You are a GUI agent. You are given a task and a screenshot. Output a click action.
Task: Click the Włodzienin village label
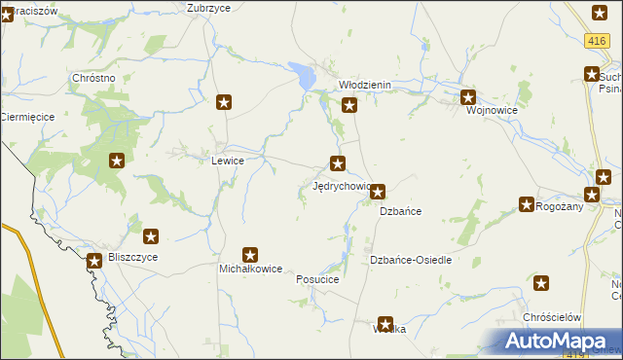[x=364, y=85]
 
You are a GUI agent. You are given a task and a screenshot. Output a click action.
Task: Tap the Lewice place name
[x=227, y=161]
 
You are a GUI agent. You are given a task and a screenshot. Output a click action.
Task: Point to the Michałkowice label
[x=250, y=269]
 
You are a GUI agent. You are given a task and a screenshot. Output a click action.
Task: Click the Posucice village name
[x=317, y=279]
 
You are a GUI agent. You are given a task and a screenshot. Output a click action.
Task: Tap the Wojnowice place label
[x=492, y=110]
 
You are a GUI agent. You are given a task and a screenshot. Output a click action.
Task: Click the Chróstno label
[x=94, y=78]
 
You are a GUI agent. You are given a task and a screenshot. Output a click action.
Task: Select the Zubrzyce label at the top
[x=208, y=7]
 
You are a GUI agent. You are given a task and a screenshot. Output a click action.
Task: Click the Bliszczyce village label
[x=132, y=257]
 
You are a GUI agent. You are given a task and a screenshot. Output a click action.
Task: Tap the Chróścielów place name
[x=552, y=318]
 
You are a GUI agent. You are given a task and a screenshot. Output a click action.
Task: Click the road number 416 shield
[x=598, y=41]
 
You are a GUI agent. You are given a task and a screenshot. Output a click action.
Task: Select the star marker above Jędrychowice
[x=338, y=163]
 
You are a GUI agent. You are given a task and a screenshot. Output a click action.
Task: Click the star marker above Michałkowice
[x=250, y=255]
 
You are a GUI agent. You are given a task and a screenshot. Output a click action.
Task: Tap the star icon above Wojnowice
[x=468, y=96]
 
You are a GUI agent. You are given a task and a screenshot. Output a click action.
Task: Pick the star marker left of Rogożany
[x=527, y=205]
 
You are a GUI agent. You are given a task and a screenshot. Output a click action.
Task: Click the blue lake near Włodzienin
[x=304, y=74]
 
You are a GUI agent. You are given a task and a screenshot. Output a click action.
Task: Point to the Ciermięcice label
[x=26, y=116]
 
